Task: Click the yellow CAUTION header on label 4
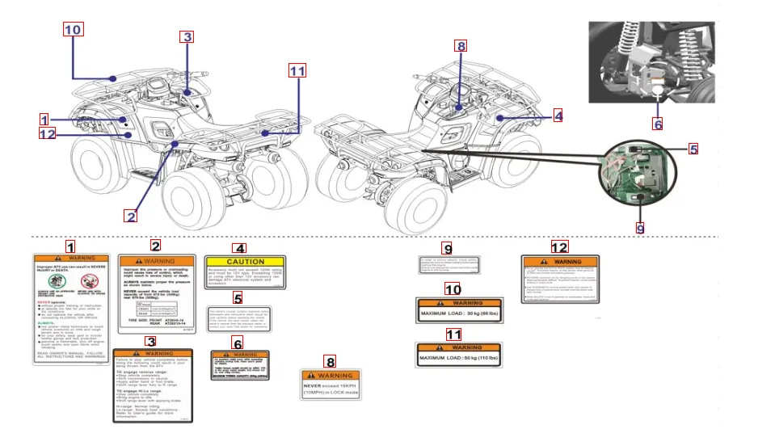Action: (245, 262)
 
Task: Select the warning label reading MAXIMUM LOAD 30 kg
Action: (458, 311)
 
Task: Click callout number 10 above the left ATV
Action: (73, 30)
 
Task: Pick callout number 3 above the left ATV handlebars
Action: (187, 36)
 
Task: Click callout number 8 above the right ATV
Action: (461, 46)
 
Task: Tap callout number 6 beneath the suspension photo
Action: (658, 124)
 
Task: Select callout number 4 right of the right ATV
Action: (558, 116)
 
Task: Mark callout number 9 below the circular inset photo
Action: (639, 229)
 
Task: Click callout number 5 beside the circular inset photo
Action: (693, 149)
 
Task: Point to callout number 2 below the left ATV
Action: (130, 216)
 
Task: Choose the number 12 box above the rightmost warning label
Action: (559, 246)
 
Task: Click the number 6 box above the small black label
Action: (238, 343)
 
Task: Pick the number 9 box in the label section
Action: (447, 248)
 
